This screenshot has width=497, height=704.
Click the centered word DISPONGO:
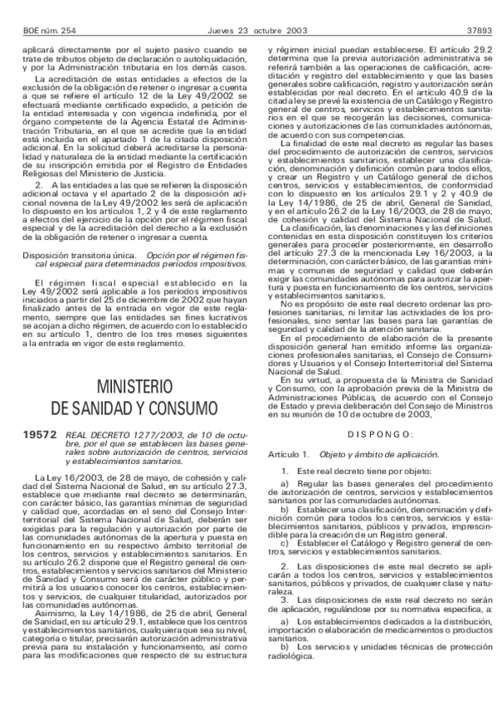pos(379,433)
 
